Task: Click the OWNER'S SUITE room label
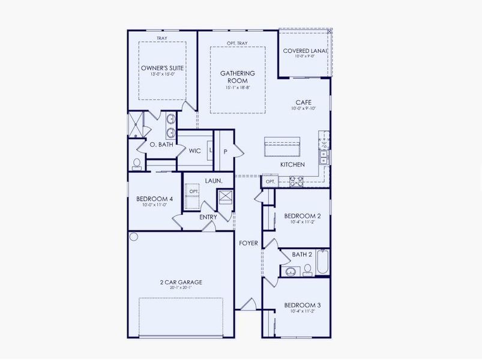click(x=162, y=68)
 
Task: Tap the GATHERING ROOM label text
click(x=237, y=77)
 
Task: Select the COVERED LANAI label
click(x=305, y=51)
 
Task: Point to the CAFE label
click(x=302, y=103)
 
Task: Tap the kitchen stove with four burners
click(x=296, y=179)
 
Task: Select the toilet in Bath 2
click(x=308, y=269)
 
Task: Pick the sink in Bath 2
click(x=291, y=271)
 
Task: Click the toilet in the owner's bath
click(x=137, y=163)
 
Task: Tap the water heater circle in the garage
click(x=134, y=236)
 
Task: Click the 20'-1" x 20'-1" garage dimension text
click(x=181, y=288)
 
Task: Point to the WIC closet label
click(x=194, y=151)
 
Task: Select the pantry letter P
click(x=225, y=152)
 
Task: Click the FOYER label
click(x=248, y=243)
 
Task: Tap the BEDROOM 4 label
click(x=154, y=199)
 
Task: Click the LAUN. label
click(x=214, y=181)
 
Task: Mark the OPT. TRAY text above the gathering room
click(x=237, y=43)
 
